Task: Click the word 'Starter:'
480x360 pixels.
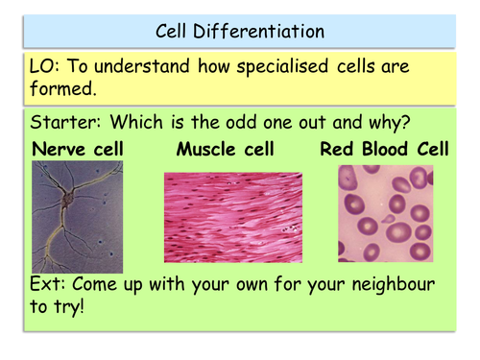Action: [66, 124]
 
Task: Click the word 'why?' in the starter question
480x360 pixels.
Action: [413, 124]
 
